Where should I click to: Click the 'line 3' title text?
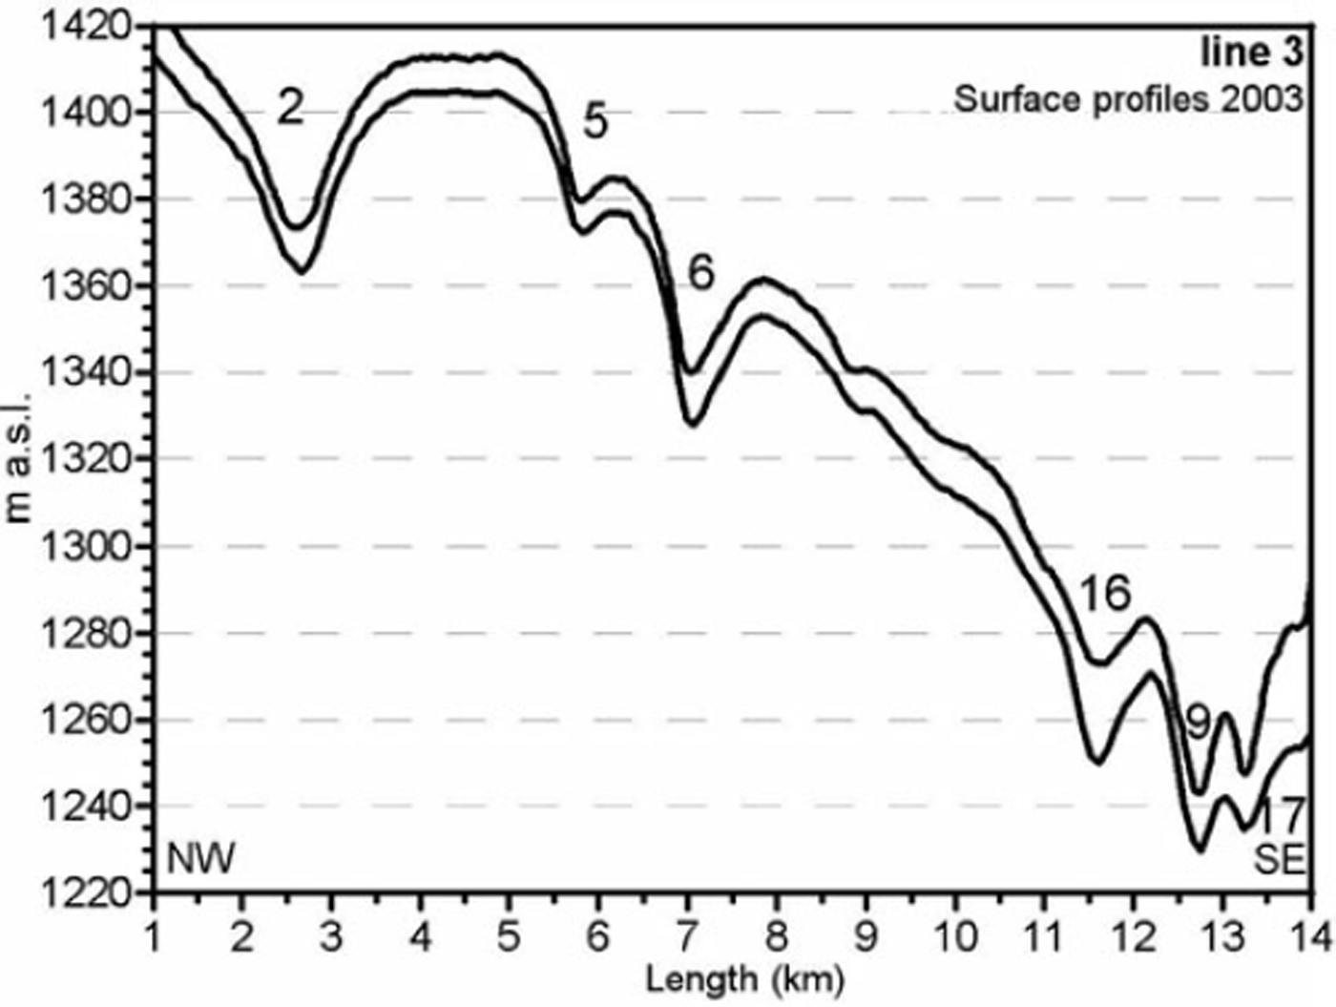[1251, 52]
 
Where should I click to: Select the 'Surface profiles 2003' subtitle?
[1128, 98]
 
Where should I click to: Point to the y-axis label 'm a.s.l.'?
[18, 457]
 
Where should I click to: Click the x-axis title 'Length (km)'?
[744, 978]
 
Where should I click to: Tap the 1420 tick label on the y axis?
[84, 26]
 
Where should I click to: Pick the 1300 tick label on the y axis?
[84, 547]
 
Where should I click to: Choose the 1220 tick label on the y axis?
[84, 893]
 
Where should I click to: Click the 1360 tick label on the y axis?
[84, 286]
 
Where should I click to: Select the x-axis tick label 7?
[687, 936]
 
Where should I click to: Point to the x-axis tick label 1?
[154, 936]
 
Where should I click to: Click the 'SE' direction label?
[1279, 860]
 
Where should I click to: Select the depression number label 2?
[290, 107]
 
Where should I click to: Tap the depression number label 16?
[1104, 594]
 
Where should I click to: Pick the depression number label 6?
[700, 274]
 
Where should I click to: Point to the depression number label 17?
[1279, 817]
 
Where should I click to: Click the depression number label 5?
[595, 122]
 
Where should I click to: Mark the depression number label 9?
[1198, 723]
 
